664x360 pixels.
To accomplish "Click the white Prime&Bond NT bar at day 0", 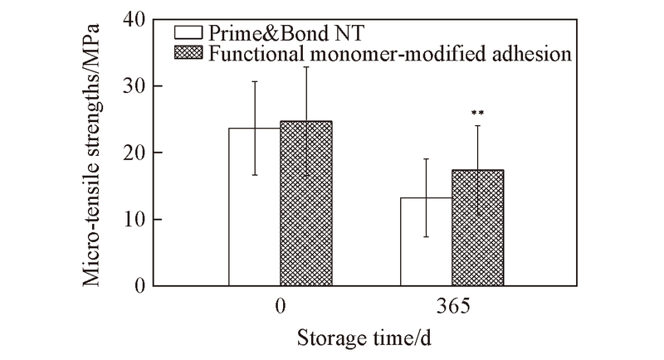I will (254, 207).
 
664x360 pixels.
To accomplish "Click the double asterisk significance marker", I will (477, 113).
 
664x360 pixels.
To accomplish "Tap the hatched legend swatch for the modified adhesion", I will (190, 54).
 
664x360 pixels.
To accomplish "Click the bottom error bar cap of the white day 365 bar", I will (427, 237).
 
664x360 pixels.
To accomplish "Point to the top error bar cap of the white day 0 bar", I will (255, 81).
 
